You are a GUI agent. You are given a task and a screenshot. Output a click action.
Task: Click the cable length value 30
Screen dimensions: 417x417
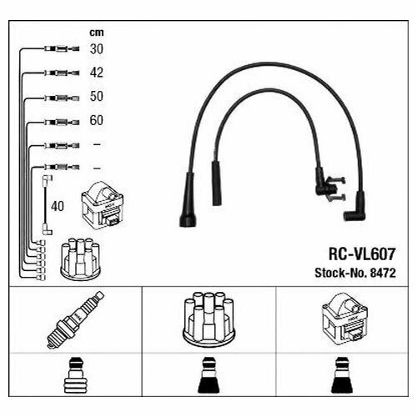point(97,48)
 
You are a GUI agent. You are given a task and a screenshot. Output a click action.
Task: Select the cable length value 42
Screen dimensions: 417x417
point(97,73)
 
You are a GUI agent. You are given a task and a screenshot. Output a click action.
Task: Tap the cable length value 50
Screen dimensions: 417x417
point(97,97)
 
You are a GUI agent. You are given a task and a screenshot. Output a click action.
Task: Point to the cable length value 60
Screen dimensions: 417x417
point(97,121)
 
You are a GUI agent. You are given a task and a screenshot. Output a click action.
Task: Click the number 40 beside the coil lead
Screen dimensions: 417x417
point(58,205)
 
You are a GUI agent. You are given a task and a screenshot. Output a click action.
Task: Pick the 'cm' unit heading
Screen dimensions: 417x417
point(97,33)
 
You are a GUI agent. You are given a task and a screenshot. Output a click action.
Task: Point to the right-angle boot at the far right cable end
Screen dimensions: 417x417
point(354,208)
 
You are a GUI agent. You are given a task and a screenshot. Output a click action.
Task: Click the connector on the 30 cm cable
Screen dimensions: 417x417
point(61,48)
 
